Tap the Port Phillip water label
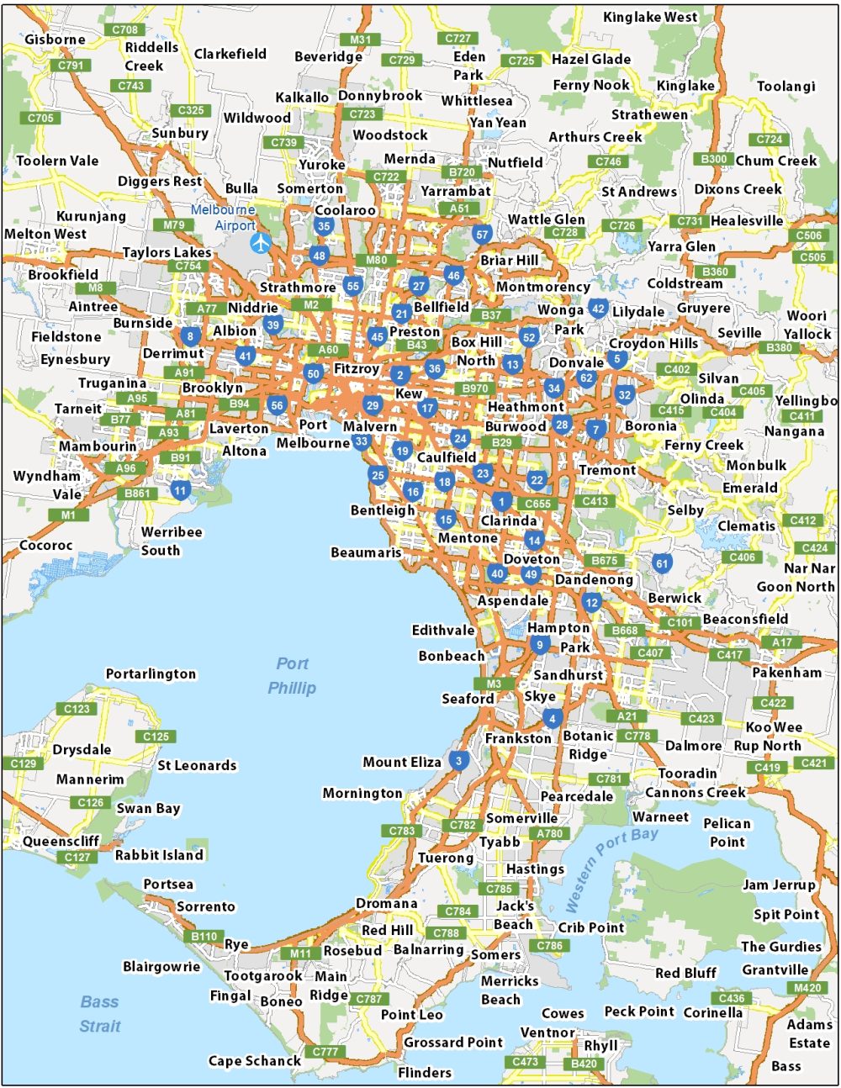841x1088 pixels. (x=292, y=676)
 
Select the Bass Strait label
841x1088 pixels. (x=99, y=1014)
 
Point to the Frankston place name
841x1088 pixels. (x=518, y=738)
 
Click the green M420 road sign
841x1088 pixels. (x=807, y=988)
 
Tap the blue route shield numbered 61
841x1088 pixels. (x=662, y=563)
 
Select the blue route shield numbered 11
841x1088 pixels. (x=180, y=490)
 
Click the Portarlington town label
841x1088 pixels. (x=151, y=673)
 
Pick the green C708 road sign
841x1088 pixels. (x=124, y=29)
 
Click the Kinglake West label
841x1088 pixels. (x=650, y=17)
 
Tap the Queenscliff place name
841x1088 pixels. (x=61, y=841)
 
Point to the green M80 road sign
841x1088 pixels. (x=376, y=260)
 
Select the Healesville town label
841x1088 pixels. (x=747, y=220)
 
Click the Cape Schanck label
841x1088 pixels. (x=254, y=1061)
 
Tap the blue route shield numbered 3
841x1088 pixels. (x=458, y=761)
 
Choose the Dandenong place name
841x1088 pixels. (x=594, y=579)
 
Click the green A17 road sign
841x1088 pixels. (x=782, y=642)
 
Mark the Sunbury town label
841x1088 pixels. (x=180, y=133)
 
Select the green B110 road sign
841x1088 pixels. (x=204, y=936)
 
